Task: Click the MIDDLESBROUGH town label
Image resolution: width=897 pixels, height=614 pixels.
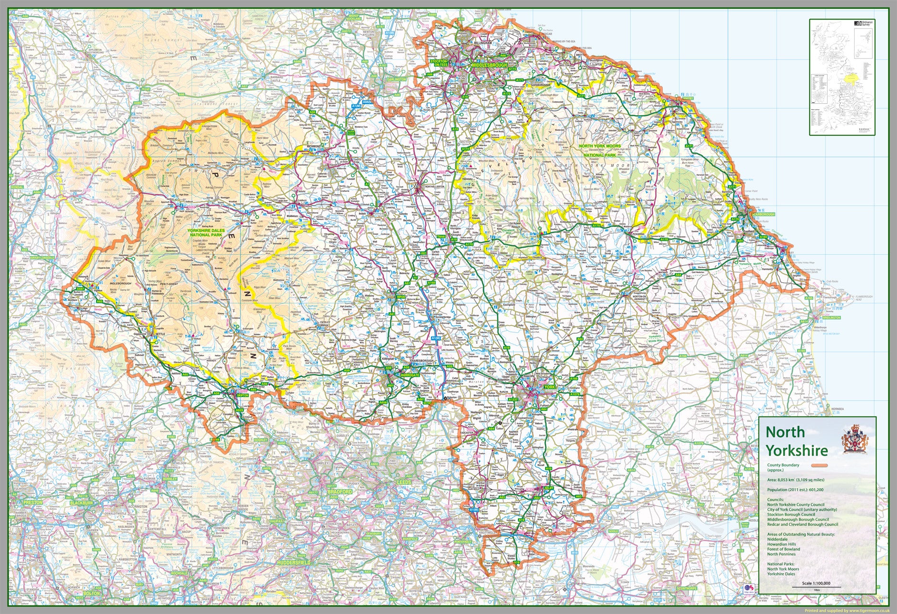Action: (x=489, y=65)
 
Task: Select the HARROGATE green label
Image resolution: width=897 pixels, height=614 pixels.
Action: (x=410, y=375)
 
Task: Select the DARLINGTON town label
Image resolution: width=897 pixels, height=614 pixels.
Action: (x=397, y=79)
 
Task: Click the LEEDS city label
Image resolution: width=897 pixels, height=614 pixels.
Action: (x=403, y=482)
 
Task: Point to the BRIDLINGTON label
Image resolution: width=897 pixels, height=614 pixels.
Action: (x=831, y=317)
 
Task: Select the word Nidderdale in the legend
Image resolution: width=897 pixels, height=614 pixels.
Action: (x=778, y=539)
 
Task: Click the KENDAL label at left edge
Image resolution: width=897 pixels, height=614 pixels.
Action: (x=17, y=188)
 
